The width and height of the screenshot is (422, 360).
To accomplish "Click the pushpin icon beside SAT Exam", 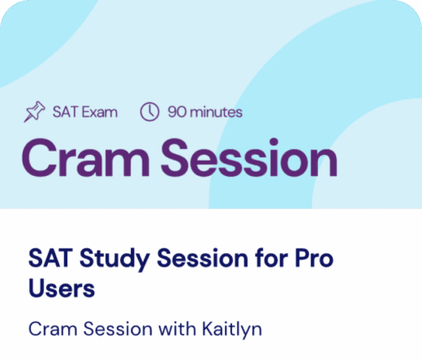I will [x=34, y=113].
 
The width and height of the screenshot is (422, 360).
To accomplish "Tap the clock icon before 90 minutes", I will [x=149, y=112].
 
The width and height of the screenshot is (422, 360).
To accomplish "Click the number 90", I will [x=177, y=113].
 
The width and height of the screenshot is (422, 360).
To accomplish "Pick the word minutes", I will [x=216, y=113].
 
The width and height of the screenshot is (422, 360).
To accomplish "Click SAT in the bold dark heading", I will [x=48, y=259].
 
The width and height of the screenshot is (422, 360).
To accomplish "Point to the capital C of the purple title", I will [x=41, y=158].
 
